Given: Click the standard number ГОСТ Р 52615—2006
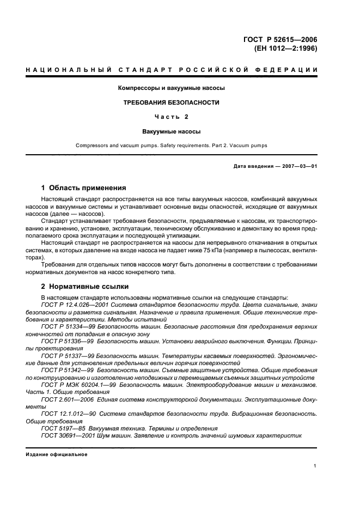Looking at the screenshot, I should click(281, 39).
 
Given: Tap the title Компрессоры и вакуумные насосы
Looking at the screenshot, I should click(172, 88).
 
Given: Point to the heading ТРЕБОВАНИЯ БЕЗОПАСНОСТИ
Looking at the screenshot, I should click(172, 102).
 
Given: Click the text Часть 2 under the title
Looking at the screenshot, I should click(172, 117).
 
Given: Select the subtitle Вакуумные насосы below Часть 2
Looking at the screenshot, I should click(172, 131).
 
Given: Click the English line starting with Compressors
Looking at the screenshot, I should click(172, 145).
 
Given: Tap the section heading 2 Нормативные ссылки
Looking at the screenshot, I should click(86, 286).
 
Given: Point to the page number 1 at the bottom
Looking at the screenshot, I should click(315, 465).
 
